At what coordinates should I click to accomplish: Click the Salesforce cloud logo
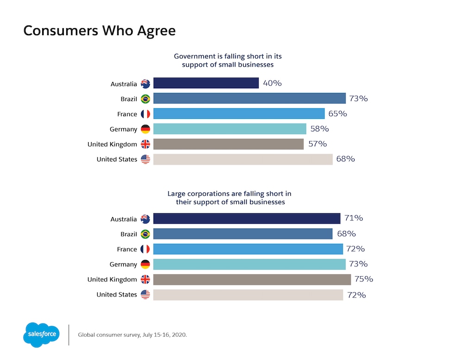point(41,334)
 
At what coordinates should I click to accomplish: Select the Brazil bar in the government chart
point(249,99)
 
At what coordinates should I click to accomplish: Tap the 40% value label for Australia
point(272,83)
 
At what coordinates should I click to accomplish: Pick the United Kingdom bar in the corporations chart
point(252,279)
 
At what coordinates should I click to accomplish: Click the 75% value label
point(363,279)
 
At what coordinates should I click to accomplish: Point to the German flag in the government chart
point(145,129)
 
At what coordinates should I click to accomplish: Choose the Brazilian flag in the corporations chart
point(145,234)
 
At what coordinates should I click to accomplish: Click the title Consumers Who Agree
point(99,31)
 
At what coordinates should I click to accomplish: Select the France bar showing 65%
point(238,114)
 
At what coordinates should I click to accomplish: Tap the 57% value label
point(317,144)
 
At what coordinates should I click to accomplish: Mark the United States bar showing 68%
point(243,159)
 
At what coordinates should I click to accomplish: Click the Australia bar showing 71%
point(247,218)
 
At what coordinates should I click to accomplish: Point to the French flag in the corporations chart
point(145,249)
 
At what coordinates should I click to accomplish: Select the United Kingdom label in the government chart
point(112,144)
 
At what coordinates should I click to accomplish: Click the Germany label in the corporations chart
point(123,264)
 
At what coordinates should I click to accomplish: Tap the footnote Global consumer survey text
point(132,334)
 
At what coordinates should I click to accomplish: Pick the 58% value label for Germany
point(320,129)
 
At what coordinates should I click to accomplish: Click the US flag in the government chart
point(145,159)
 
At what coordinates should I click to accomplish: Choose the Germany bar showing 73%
point(249,264)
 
